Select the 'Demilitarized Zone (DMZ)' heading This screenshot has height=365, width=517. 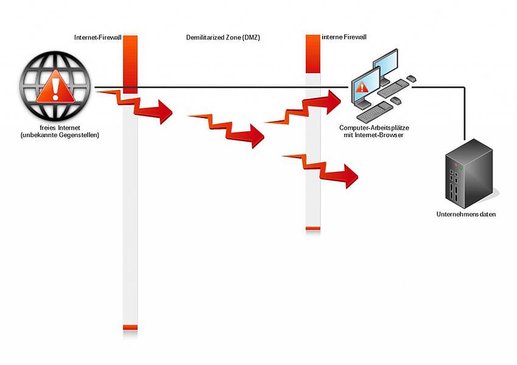[223, 38]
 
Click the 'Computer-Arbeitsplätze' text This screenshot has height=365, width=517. [374, 128]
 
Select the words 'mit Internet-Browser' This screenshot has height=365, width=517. [374, 134]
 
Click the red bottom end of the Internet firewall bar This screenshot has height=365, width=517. [130, 327]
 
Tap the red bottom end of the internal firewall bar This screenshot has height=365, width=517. [313, 228]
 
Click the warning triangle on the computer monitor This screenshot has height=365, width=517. [363, 87]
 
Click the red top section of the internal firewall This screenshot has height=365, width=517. [313, 54]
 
